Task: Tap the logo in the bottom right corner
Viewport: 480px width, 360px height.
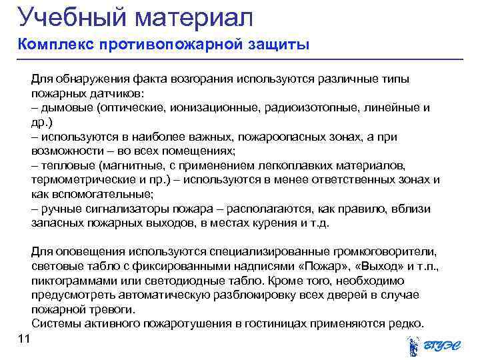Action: [x=433, y=346]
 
